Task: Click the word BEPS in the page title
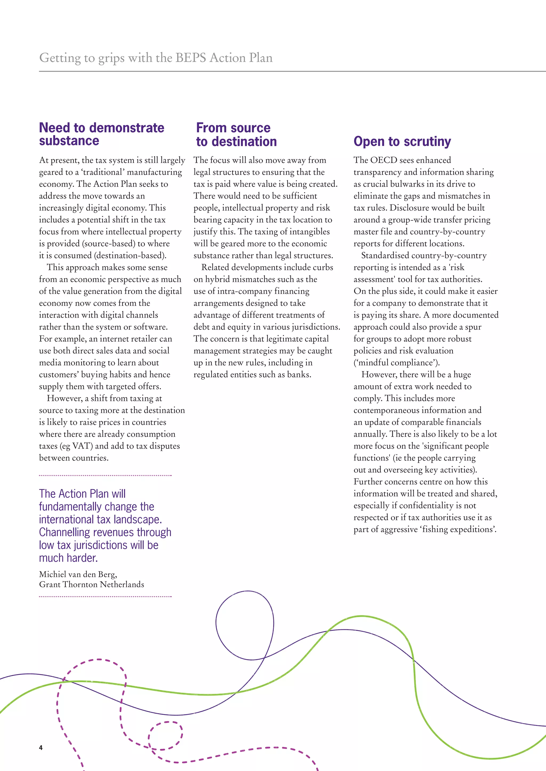(191, 58)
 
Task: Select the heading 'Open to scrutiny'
(402, 141)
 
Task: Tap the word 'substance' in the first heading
(69, 141)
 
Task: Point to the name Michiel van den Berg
(78, 574)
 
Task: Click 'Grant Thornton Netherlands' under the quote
(91, 584)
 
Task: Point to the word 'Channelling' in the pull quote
(65, 532)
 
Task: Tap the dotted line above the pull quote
(105, 475)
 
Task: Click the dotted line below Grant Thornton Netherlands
(105, 597)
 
